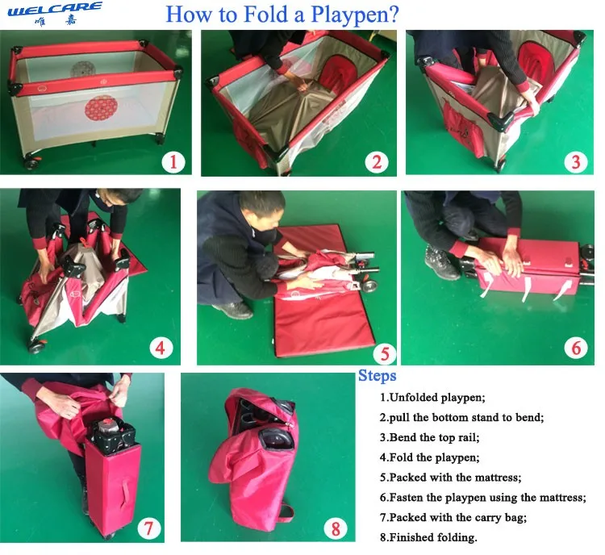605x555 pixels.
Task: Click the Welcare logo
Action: coord(55,14)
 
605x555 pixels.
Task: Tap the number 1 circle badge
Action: coord(173,161)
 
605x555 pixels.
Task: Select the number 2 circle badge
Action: coord(377,162)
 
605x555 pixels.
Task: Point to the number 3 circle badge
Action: coord(576,162)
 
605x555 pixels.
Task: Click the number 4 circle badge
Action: coord(161,348)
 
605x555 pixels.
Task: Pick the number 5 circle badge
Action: coord(385,353)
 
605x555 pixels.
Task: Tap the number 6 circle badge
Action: coord(576,348)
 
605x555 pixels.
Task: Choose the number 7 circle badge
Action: coord(149,528)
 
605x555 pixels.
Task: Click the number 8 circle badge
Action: coord(336,528)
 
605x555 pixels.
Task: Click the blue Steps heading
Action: coord(377,376)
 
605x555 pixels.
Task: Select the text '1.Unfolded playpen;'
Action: coord(432,397)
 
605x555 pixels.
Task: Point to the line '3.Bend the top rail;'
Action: coord(429,437)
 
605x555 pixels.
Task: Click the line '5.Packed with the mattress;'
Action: coord(450,478)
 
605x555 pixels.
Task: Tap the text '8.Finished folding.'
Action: coord(428,537)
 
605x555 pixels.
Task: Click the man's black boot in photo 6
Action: coord(442,262)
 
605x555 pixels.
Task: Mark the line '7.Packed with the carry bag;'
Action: coord(453,517)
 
